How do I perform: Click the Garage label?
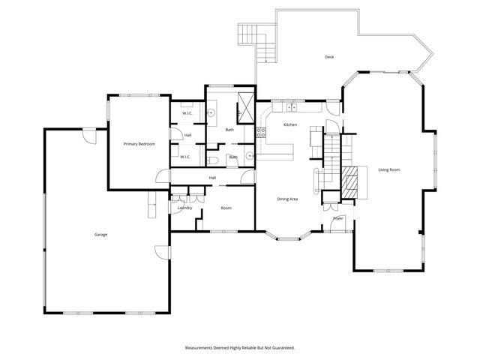pyautogui.click(x=100, y=235)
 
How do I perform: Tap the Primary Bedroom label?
pyautogui.click(x=139, y=143)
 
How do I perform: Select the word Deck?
pyautogui.click(x=328, y=57)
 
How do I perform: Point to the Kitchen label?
pyautogui.click(x=290, y=124)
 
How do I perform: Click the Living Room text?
pyautogui.click(x=388, y=170)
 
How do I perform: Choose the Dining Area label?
pyautogui.click(x=288, y=199)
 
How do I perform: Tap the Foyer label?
pyautogui.click(x=338, y=218)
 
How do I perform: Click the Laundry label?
pyautogui.click(x=184, y=208)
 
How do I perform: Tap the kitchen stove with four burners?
pyautogui.click(x=261, y=133)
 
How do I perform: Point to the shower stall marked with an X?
pyautogui.click(x=245, y=105)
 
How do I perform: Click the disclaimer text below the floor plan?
pyautogui.click(x=240, y=348)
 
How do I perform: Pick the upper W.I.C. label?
pyautogui.click(x=187, y=114)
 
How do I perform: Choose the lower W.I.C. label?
pyautogui.click(x=185, y=157)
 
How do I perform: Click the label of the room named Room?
pyautogui.click(x=226, y=208)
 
